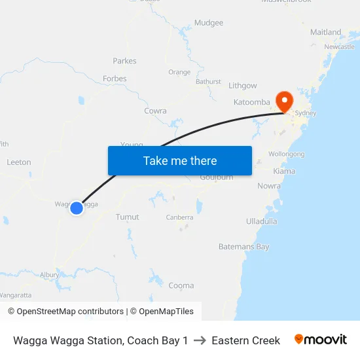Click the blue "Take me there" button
point(180,160)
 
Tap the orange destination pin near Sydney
point(285,101)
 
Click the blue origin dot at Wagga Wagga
point(77,207)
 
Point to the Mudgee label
point(209,23)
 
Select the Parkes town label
point(124,61)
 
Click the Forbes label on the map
point(115,79)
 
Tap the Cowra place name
point(155,111)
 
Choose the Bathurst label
point(208,82)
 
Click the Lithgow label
point(242,86)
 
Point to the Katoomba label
point(251,102)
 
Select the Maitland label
point(325,32)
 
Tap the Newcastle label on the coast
point(339,47)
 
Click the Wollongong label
point(287,154)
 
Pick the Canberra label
point(179,217)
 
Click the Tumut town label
point(127,217)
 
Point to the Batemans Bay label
point(243,247)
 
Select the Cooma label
point(181,285)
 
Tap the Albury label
point(49,276)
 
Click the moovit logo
point(321,340)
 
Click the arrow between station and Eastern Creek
point(200,340)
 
